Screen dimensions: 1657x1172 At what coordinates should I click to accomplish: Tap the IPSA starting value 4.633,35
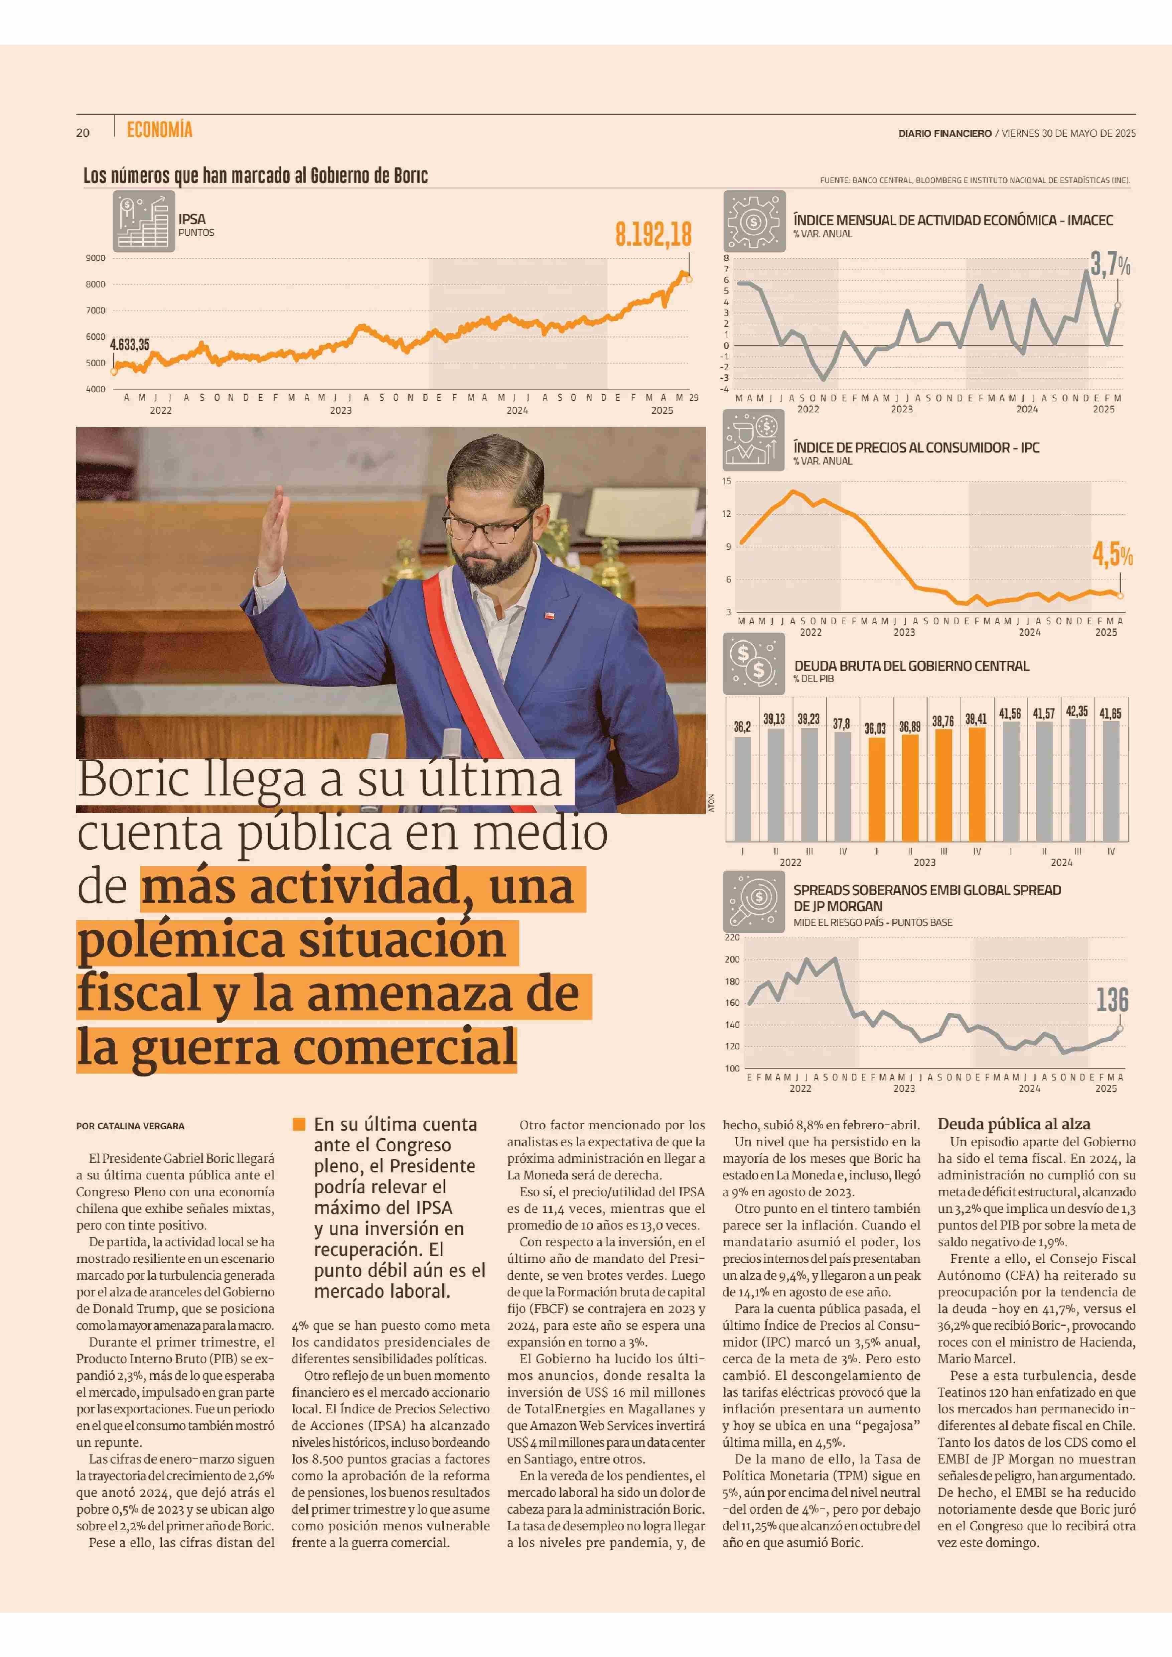(x=130, y=344)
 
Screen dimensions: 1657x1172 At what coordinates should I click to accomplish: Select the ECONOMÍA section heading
(x=159, y=130)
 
